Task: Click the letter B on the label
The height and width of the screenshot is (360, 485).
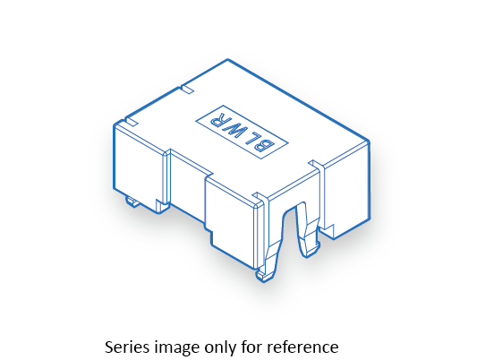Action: (x=264, y=145)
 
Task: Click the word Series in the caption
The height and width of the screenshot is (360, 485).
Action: (x=127, y=347)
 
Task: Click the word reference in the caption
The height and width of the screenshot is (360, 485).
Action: (x=302, y=347)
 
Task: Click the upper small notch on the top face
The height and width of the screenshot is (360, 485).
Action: (x=187, y=89)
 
